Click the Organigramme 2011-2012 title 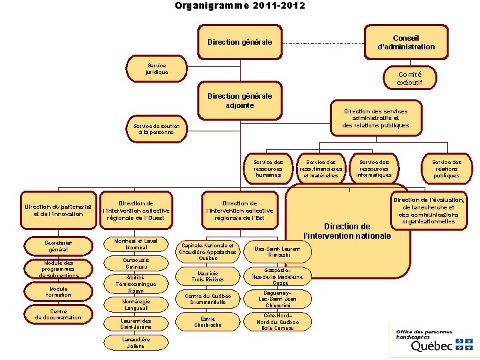[x=240, y=6]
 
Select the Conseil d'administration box [x=406, y=41]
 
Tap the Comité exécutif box [x=409, y=77]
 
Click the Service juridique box [x=157, y=68]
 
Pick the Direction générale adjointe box [x=240, y=101]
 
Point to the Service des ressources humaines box [x=268, y=168]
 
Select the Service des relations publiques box [x=446, y=168]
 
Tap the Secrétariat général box [x=59, y=246]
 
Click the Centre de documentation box [x=59, y=314]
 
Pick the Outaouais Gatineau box [x=136, y=263]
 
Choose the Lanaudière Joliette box [x=136, y=343]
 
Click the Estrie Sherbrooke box [x=207, y=321]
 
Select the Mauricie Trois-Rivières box [x=207, y=276]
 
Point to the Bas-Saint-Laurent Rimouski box [x=273, y=251]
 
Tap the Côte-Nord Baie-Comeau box [x=273, y=321]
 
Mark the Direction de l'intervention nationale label [x=347, y=231]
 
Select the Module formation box [x=59, y=291]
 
